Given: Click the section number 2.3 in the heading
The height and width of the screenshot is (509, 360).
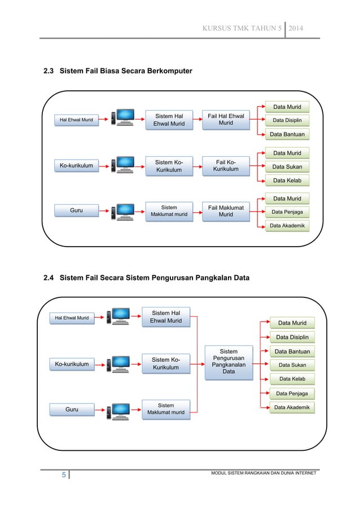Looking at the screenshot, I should [x=50, y=71].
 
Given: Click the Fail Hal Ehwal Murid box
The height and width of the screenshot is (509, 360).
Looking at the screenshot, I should [x=226, y=120].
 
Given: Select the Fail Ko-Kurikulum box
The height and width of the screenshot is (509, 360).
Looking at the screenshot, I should [x=226, y=166].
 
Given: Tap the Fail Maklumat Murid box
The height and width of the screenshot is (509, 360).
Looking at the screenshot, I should [x=226, y=212].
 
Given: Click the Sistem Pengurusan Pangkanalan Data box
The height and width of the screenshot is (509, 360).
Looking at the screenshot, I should [x=228, y=362].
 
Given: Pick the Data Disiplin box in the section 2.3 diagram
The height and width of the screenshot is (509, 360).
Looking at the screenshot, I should [x=287, y=120].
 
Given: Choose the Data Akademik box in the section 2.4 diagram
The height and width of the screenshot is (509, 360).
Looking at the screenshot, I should [x=292, y=407].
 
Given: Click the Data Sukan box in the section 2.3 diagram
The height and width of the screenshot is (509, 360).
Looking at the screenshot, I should [x=287, y=166].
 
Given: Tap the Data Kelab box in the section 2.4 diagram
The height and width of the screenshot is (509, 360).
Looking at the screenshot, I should [x=292, y=379].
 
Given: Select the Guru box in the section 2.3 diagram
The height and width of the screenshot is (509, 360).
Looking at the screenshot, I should [x=76, y=210].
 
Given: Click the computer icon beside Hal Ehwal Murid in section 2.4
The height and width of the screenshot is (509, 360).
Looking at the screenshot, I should [x=120, y=317].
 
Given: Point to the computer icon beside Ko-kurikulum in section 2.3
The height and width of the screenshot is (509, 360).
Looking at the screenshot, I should [x=122, y=165].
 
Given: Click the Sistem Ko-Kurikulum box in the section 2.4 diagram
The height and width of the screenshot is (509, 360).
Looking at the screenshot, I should [x=166, y=364].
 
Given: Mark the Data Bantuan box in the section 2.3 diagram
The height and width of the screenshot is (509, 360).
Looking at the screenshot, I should [x=287, y=134].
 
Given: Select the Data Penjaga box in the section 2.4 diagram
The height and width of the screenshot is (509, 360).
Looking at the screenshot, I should [x=292, y=393].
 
